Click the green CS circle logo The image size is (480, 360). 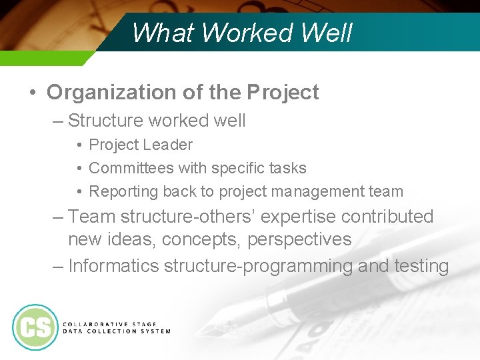point(35,327)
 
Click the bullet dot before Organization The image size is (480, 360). point(33,92)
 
